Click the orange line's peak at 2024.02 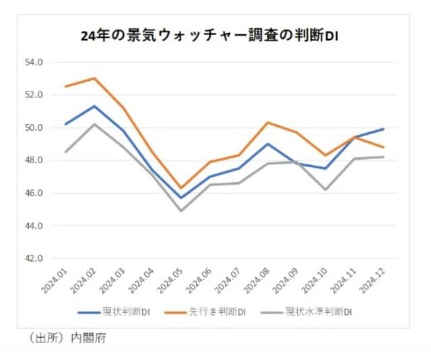click(x=94, y=78)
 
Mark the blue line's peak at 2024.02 click(x=94, y=106)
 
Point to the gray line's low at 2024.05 click(x=181, y=211)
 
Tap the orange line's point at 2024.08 click(x=268, y=122)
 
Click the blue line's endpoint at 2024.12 click(x=384, y=129)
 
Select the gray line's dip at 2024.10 click(x=326, y=189)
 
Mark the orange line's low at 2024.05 click(x=181, y=188)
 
